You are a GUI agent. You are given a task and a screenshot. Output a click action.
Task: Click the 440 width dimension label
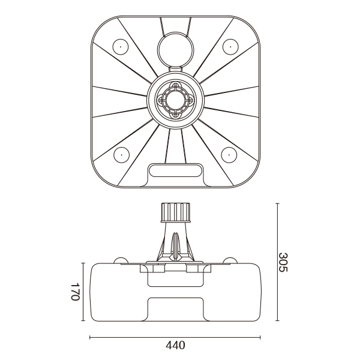point(175,346)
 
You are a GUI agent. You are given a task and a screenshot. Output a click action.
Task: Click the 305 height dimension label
point(283,262)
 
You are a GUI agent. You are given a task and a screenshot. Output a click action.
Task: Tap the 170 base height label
point(75,292)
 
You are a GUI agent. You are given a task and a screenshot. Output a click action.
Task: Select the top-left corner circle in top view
point(121,46)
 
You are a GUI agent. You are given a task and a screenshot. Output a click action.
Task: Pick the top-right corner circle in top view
point(230,46)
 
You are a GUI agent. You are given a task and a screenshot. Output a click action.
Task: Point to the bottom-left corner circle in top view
point(121,155)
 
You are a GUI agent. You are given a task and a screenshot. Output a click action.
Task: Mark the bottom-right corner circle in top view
point(229,155)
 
